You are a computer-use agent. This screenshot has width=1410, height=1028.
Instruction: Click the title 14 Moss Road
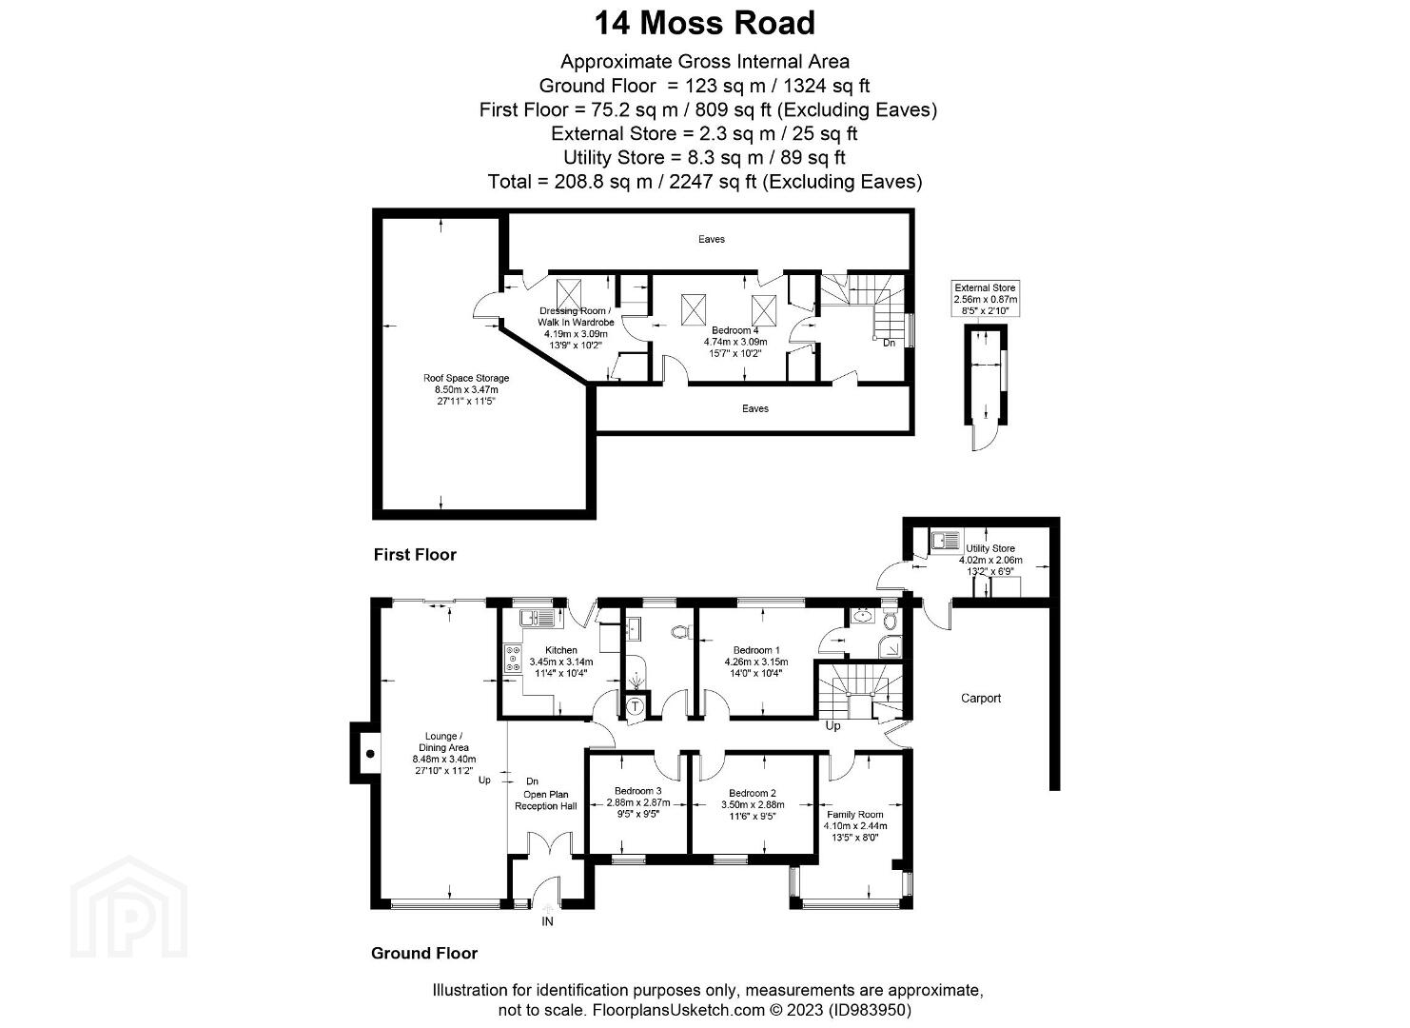[x=704, y=23]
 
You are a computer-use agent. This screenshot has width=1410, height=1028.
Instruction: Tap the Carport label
[x=981, y=698]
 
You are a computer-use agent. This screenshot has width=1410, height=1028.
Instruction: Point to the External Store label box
[x=985, y=299]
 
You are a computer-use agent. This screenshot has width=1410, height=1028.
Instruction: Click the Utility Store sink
[x=946, y=541]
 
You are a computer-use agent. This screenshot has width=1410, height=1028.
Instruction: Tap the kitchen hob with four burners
[x=513, y=658]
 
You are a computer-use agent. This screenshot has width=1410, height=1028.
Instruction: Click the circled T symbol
[x=636, y=706]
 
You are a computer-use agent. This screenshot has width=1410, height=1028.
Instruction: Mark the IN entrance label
[x=548, y=921]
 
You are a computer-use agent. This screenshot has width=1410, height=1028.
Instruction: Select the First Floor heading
[x=415, y=554]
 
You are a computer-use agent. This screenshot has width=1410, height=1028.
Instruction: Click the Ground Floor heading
[x=424, y=953]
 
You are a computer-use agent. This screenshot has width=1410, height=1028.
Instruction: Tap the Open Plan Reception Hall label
[x=546, y=800]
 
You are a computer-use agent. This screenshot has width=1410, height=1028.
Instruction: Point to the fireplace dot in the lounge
[x=370, y=754]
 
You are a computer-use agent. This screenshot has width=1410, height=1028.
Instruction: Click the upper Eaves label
[x=712, y=239]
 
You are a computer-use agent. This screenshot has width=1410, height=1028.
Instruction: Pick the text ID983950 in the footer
[x=870, y=1010]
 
